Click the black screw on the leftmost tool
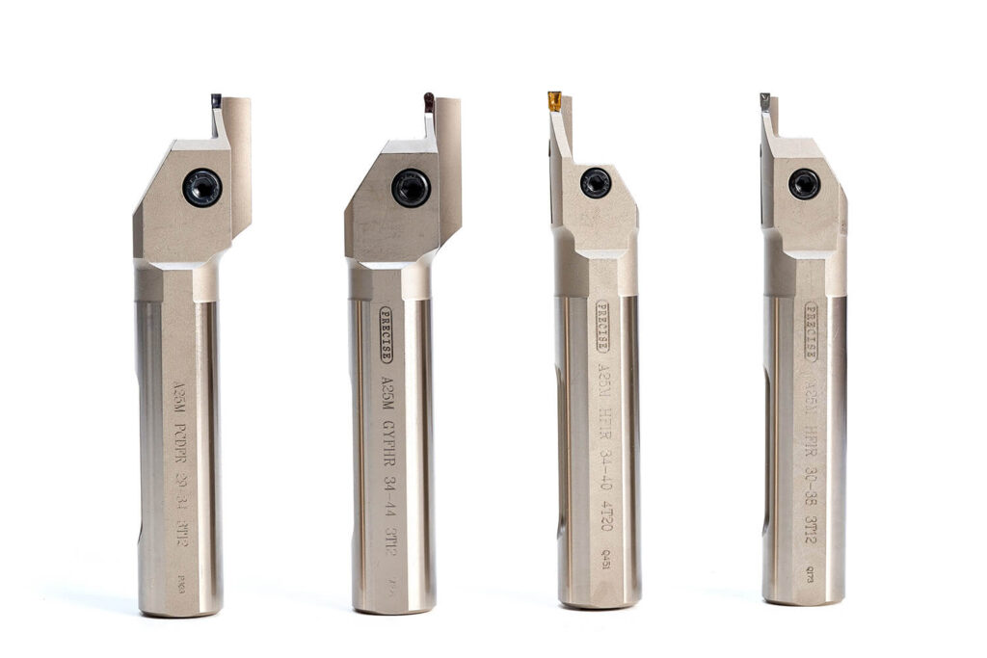[202, 187]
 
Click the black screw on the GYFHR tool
[412, 187]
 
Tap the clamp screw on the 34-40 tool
[596, 182]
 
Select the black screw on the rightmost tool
[804, 183]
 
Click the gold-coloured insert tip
[554, 100]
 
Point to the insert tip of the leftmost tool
[216, 100]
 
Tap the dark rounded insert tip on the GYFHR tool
[429, 100]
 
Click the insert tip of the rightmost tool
[764, 99]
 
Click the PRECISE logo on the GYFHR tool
[387, 334]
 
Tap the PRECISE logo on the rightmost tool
[811, 331]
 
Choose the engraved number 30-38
[812, 472]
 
